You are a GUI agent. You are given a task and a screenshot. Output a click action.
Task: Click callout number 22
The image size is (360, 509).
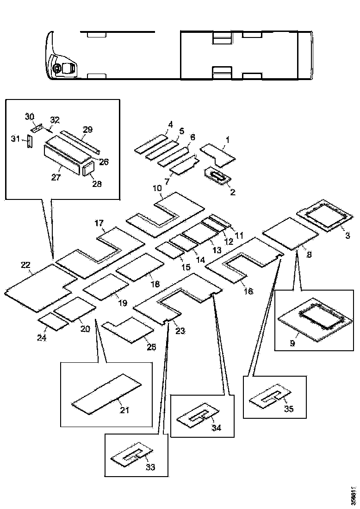coord(25,265)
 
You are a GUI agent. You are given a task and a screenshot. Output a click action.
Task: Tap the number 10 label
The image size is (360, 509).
coord(157,189)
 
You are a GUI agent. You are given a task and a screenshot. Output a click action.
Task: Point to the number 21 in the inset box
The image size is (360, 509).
coord(124,410)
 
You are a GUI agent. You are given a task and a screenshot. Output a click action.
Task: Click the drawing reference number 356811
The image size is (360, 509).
coord(354,496)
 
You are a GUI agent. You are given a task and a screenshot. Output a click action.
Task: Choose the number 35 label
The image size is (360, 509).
coord(289,409)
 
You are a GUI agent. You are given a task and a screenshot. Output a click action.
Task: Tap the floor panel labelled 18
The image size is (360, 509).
coord(140,267)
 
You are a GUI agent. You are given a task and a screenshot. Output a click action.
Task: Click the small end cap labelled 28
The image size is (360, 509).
coord(88,170)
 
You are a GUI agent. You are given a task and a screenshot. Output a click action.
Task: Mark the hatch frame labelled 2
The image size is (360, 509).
coord(218,175)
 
